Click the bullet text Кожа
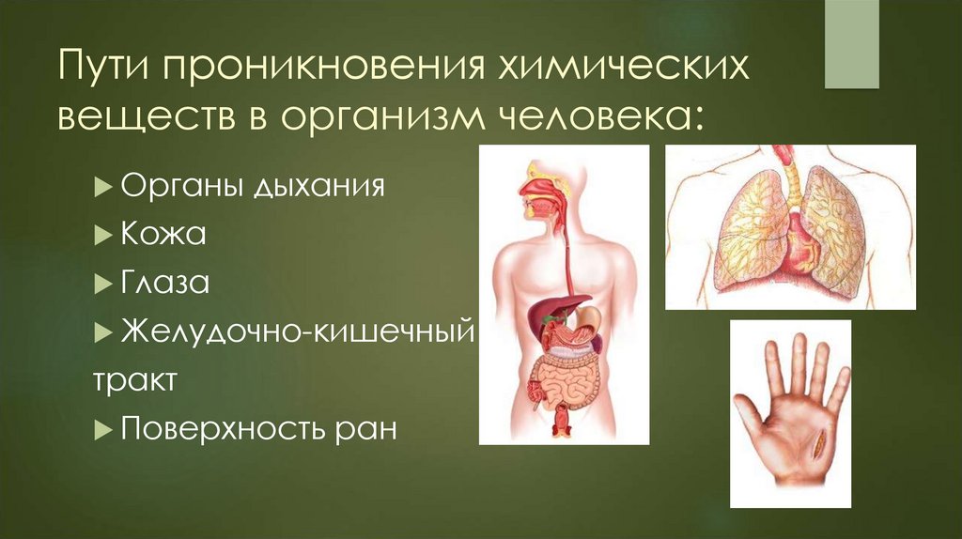[163, 233]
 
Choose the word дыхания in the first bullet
[318, 184]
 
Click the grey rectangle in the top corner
[851, 45]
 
